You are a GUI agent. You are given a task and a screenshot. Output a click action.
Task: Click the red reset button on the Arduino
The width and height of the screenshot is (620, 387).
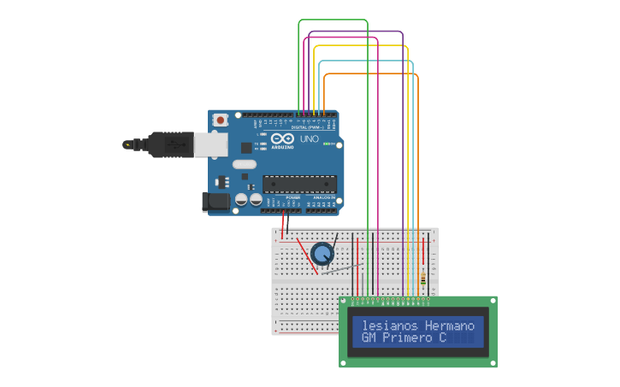(221, 120)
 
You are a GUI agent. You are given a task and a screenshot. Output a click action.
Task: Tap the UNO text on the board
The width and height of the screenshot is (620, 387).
(309, 138)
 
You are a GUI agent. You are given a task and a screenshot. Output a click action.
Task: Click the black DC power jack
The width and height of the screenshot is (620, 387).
(216, 202)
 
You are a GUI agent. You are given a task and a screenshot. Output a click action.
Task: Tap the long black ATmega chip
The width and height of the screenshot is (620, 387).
(299, 183)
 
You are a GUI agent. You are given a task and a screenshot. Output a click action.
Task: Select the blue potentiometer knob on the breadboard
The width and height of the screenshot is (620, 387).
(322, 254)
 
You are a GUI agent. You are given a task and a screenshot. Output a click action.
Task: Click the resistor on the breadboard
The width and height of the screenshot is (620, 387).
(423, 279)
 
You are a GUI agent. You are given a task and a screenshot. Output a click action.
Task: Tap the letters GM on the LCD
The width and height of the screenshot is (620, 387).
(369, 338)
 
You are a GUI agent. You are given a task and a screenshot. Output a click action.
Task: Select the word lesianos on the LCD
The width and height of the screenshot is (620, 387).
(390, 325)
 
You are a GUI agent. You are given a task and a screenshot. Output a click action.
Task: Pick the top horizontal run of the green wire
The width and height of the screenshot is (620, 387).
(333, 20)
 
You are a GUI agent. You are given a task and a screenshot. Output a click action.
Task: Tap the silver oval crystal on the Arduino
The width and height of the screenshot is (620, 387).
(244, 165)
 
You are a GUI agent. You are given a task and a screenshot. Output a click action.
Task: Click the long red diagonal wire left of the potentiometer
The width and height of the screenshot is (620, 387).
(307, 256)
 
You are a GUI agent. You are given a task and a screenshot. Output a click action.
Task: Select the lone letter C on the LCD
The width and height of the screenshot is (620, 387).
(443, 338)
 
